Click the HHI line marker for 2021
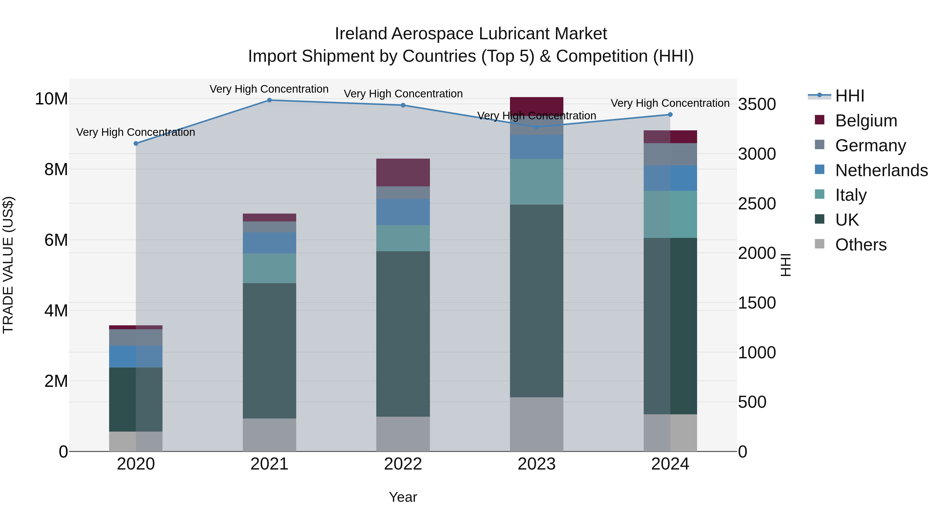269,100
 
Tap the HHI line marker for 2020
136,143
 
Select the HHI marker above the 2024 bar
670,114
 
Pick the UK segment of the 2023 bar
536,301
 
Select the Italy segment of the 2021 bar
269,268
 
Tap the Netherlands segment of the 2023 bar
536,147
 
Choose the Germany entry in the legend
870,146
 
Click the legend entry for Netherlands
881,170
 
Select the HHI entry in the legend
849,96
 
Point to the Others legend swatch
820,244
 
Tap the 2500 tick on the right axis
756,204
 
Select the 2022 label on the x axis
403,464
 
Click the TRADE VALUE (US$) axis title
8,265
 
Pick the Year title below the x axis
403,497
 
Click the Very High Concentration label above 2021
269,89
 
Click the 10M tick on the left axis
51,99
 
